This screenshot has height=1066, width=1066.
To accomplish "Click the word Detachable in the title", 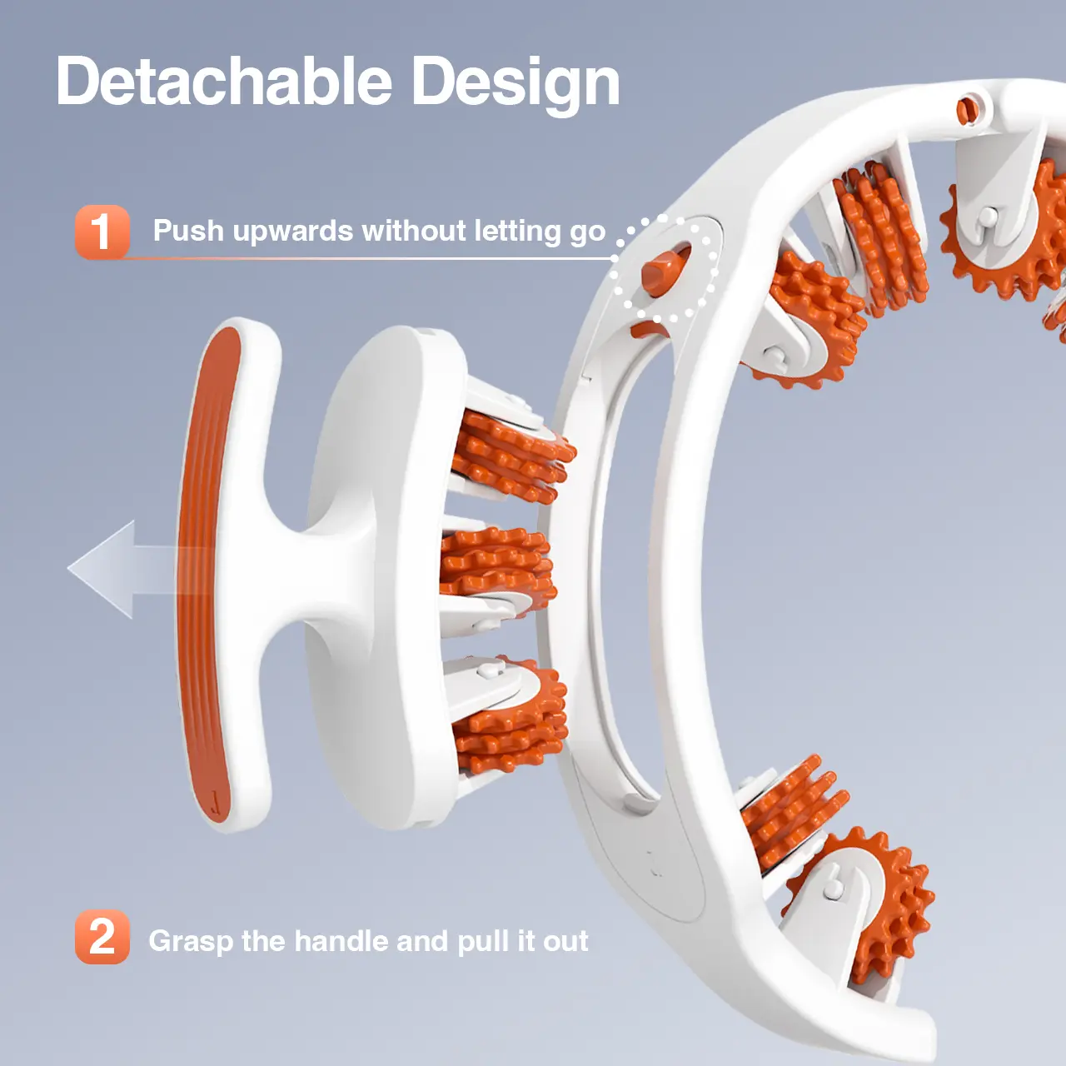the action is click(224, 82).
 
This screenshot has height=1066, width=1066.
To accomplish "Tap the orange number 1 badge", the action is click(102, 232).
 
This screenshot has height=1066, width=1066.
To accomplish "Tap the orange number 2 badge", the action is click(102, 936).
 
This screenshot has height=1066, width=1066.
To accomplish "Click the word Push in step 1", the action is click(188, 230).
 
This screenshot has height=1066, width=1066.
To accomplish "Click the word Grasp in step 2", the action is click(191, 942).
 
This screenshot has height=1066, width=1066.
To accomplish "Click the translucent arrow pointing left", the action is click(138, 570).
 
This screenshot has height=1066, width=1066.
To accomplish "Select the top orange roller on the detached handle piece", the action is click(512, 457).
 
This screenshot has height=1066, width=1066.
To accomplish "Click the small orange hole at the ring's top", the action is click(968, 111).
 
